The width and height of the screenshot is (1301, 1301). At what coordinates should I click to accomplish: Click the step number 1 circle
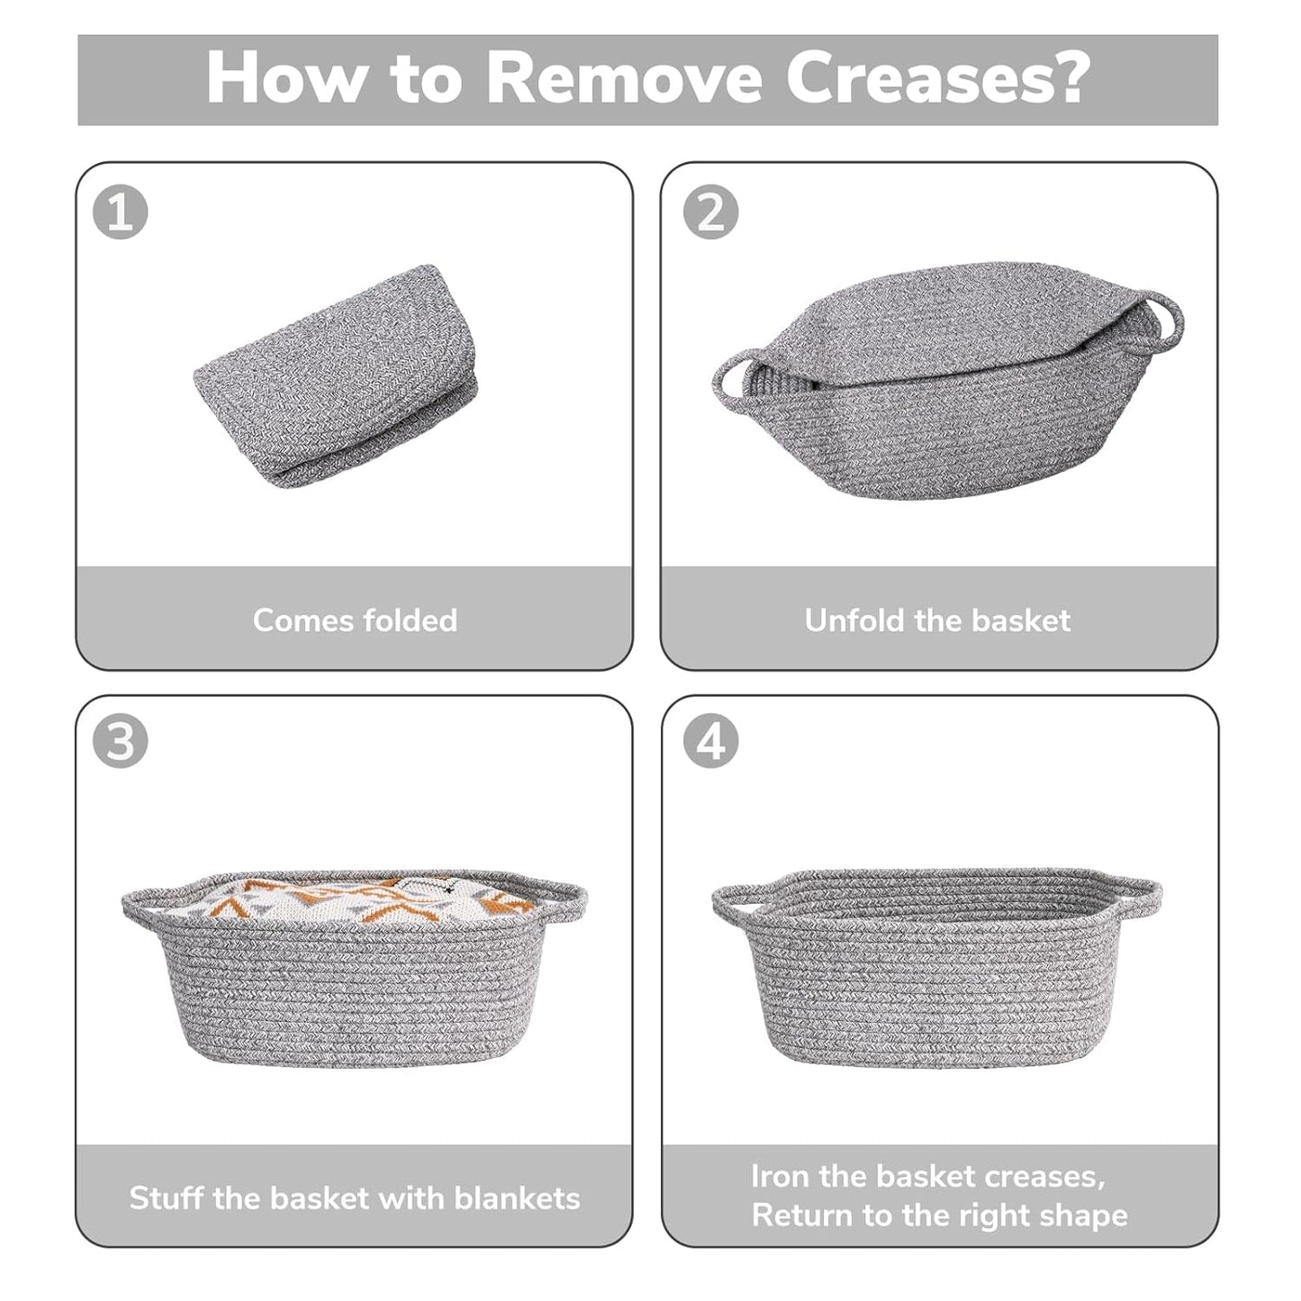[120, 213]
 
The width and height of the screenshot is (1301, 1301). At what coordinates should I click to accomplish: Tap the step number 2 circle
[710, 213]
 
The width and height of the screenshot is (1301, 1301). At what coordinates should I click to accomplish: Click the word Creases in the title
[936, 79]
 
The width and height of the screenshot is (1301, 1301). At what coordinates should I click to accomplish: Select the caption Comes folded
[355, 620]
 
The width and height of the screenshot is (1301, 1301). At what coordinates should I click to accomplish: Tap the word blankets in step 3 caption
[517, 1198]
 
